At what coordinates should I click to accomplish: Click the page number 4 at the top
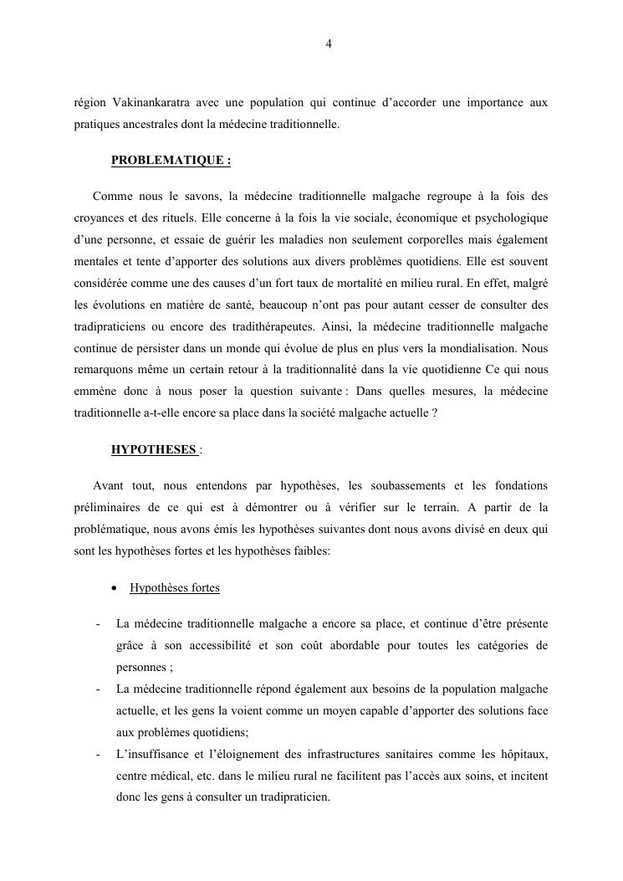pos(328,44)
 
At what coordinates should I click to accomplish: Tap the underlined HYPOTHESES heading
pos(154,450)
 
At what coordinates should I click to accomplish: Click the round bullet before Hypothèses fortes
pos(115,588)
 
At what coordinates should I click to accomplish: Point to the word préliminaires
pos(104,508)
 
